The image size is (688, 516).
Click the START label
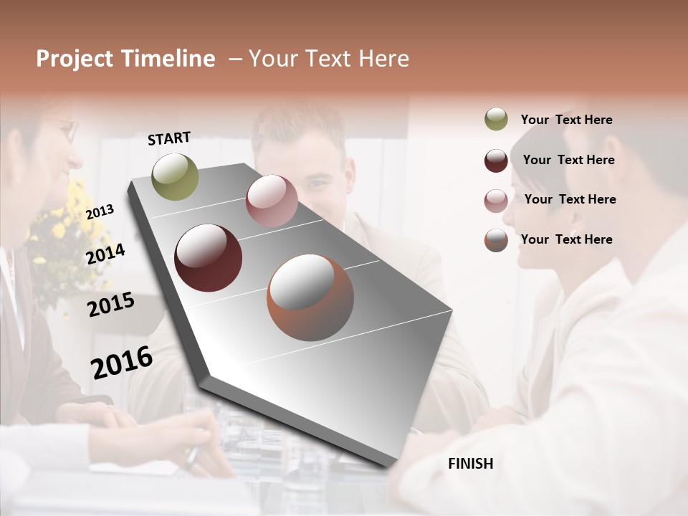[x=169, y=138]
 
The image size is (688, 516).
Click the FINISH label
[x=470, y=464]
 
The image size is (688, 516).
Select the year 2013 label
[x=100, y=211]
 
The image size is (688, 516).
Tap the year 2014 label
[x=106, y=254]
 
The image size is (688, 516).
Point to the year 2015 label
[x=111, y=305]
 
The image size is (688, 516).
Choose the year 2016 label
[x=122, y=362]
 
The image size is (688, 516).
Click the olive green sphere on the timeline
[x=175, y=176]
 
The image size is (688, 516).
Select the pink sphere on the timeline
[x=272, y=201]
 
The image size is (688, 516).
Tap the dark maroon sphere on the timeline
[x=208, y=258]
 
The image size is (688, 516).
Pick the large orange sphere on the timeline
[x=310, y=297]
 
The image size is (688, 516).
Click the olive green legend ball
[x=496, y=120]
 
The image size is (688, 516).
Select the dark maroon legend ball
[x=496, y=161]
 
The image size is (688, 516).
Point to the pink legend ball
[x=496, y=201]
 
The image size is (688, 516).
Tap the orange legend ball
[x=496, y=240]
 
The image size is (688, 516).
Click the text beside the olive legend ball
[x=566, y=120]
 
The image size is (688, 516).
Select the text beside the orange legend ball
[x=566, y=239]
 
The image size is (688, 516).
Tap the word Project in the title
[x=75, y=59]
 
